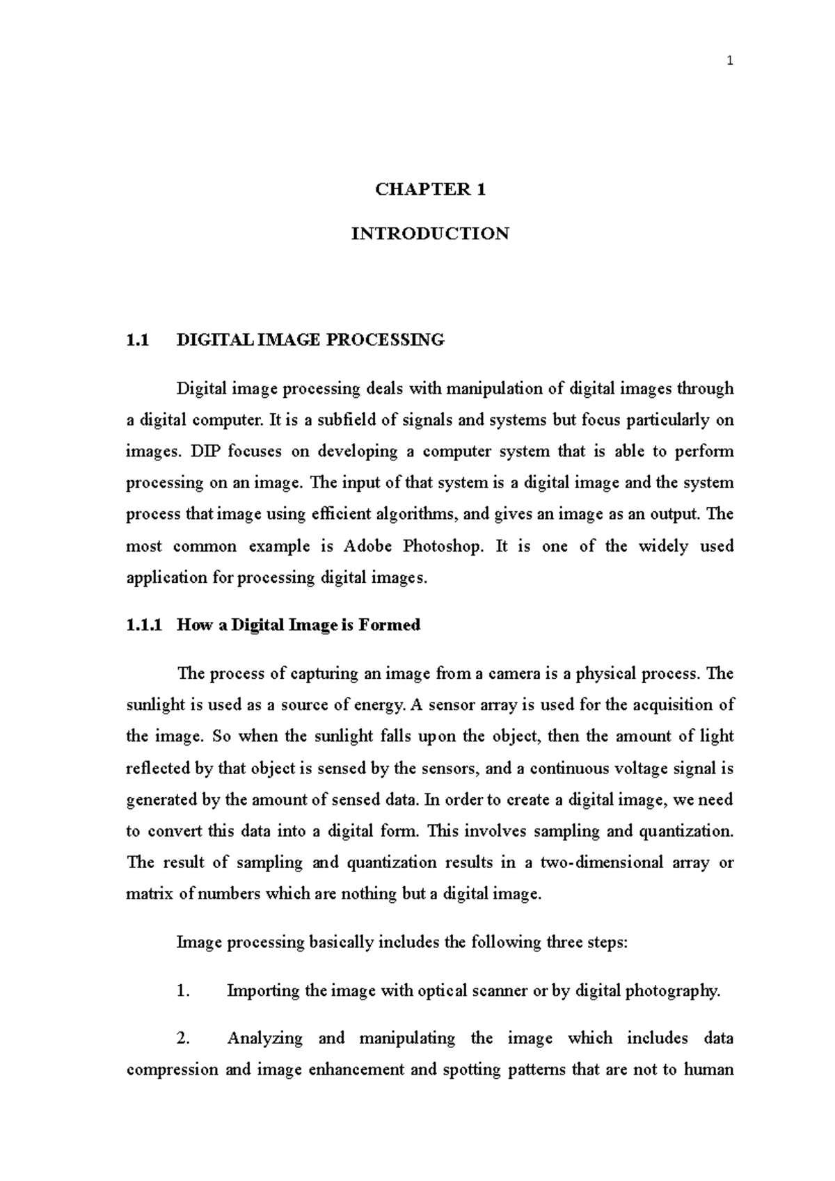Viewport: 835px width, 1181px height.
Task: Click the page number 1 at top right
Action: [729, 61]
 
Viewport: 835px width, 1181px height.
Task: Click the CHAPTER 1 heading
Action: [430, 189]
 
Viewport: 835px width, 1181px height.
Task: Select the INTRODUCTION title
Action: [430, 234]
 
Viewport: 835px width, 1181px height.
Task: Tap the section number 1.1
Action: [137, 340]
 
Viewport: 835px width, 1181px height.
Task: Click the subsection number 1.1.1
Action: [143, 625]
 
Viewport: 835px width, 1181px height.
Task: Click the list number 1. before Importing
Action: [183, 991]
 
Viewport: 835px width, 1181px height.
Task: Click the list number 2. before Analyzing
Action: [183, 1038]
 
